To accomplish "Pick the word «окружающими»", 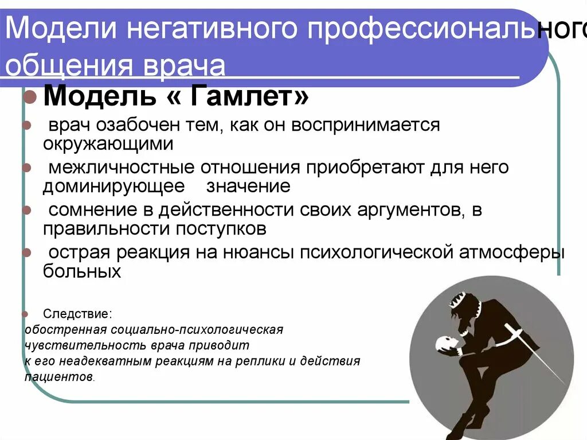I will click(x=108, y=143).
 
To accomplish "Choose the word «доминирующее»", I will click(x=114, y=186).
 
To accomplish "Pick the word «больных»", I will click(x=82, y=271).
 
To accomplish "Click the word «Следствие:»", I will click(x=77, y=314).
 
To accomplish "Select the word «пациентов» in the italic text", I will click(x=58, y=377).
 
